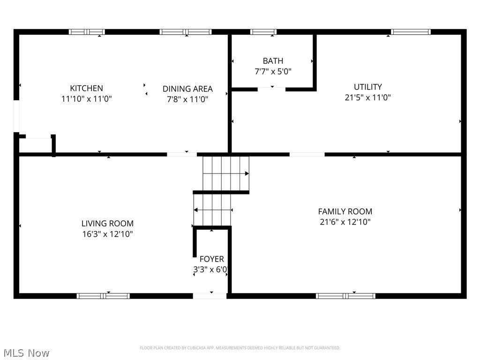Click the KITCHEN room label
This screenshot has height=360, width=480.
[x=86, y=88]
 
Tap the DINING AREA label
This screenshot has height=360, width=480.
[x=187, y=89]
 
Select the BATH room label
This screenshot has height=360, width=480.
[x=273, y=61]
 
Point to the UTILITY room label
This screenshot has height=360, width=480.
[x=367, y=87]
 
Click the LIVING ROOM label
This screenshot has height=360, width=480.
[x=107, y=224]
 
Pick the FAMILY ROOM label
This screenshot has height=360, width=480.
[x=345, y=211]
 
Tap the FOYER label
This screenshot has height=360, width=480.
[x=211, y=259]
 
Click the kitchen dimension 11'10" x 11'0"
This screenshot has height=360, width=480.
[x=86, y=99]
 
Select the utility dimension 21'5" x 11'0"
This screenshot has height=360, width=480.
[x=367, y=97]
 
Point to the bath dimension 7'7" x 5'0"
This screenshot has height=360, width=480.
[x=273, y=72]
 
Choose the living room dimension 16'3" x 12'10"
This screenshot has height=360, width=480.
[x=107, y=234]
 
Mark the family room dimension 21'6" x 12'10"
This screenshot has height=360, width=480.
[x=345, y=222]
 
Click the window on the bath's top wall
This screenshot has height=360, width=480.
[x=263, y=32]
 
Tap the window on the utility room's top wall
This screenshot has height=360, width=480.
[x=411, y=32]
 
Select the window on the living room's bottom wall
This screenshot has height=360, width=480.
[x=103, y=296]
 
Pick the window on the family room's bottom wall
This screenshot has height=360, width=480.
[x=345, y=296]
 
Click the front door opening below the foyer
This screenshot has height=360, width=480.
[x=210, y=296]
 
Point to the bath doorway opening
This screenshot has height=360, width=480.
[x=271, y=89]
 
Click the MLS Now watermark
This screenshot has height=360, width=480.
[x=26, y=352]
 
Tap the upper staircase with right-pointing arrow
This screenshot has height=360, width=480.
[x=225, y=173]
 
